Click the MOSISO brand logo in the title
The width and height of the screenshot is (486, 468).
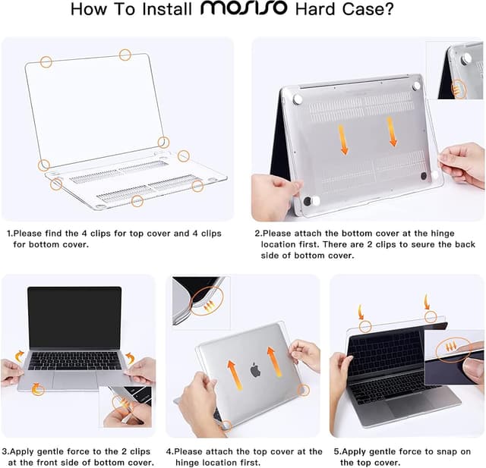tap(244, 10)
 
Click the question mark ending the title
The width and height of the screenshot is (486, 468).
tap(389, 10)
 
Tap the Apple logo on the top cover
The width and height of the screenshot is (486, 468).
tap(255, 370)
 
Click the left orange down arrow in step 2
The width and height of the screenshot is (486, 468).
tap(343, 139)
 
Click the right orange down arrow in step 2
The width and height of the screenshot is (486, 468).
tap(393, 130)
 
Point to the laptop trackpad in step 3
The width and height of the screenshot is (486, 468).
tap(75, 378)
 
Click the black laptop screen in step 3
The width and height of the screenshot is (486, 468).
tap(74, 318)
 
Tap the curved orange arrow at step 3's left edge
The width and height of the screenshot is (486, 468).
tap(20, 356)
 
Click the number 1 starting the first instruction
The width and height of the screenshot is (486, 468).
tap(9, 234)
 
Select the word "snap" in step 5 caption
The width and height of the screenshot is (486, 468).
tap(447, 451)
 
